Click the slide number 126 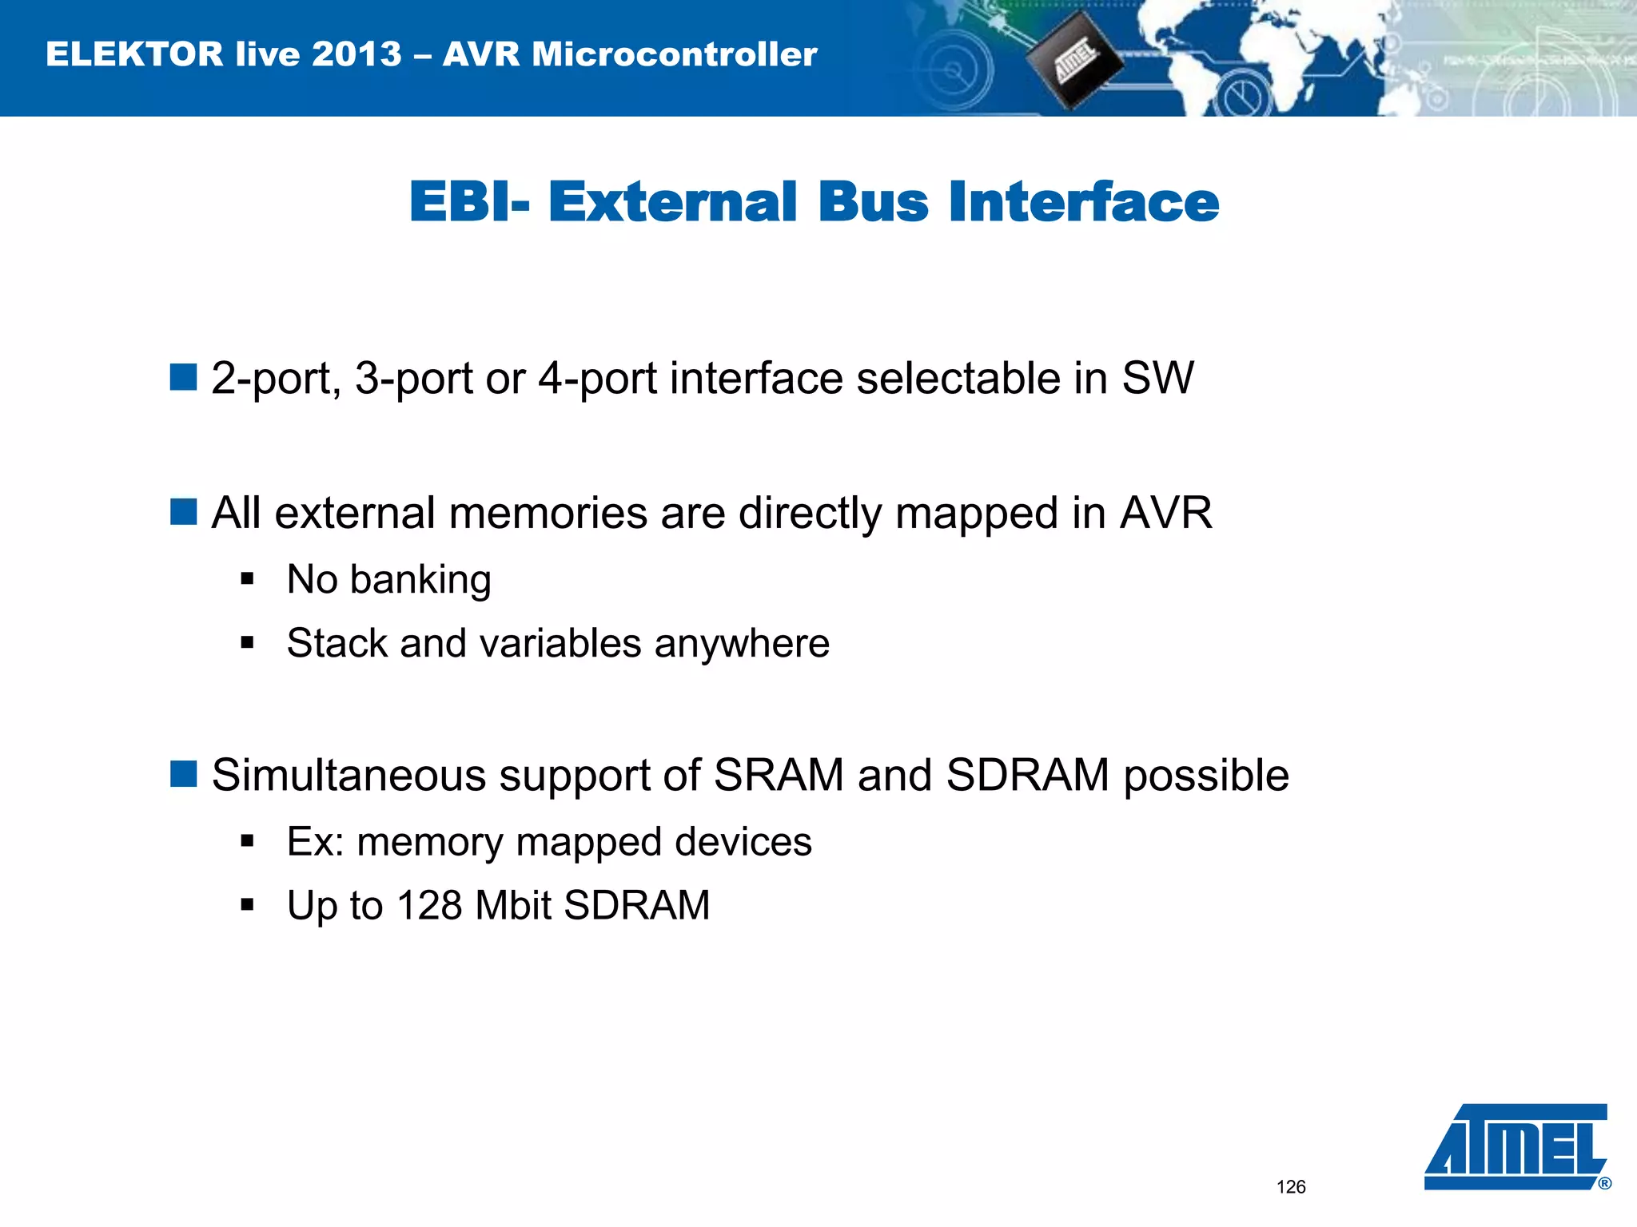[x=1291, y=1187]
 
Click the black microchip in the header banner [x=1073, y=61]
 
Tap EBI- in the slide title [x=468, y=202]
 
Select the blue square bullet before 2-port [x=184, y=377]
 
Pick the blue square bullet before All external [x=184, y=512]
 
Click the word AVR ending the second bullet [x=1166, y=513]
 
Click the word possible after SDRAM [x=1206, y=776]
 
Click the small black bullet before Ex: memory [x=247, y=841]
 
